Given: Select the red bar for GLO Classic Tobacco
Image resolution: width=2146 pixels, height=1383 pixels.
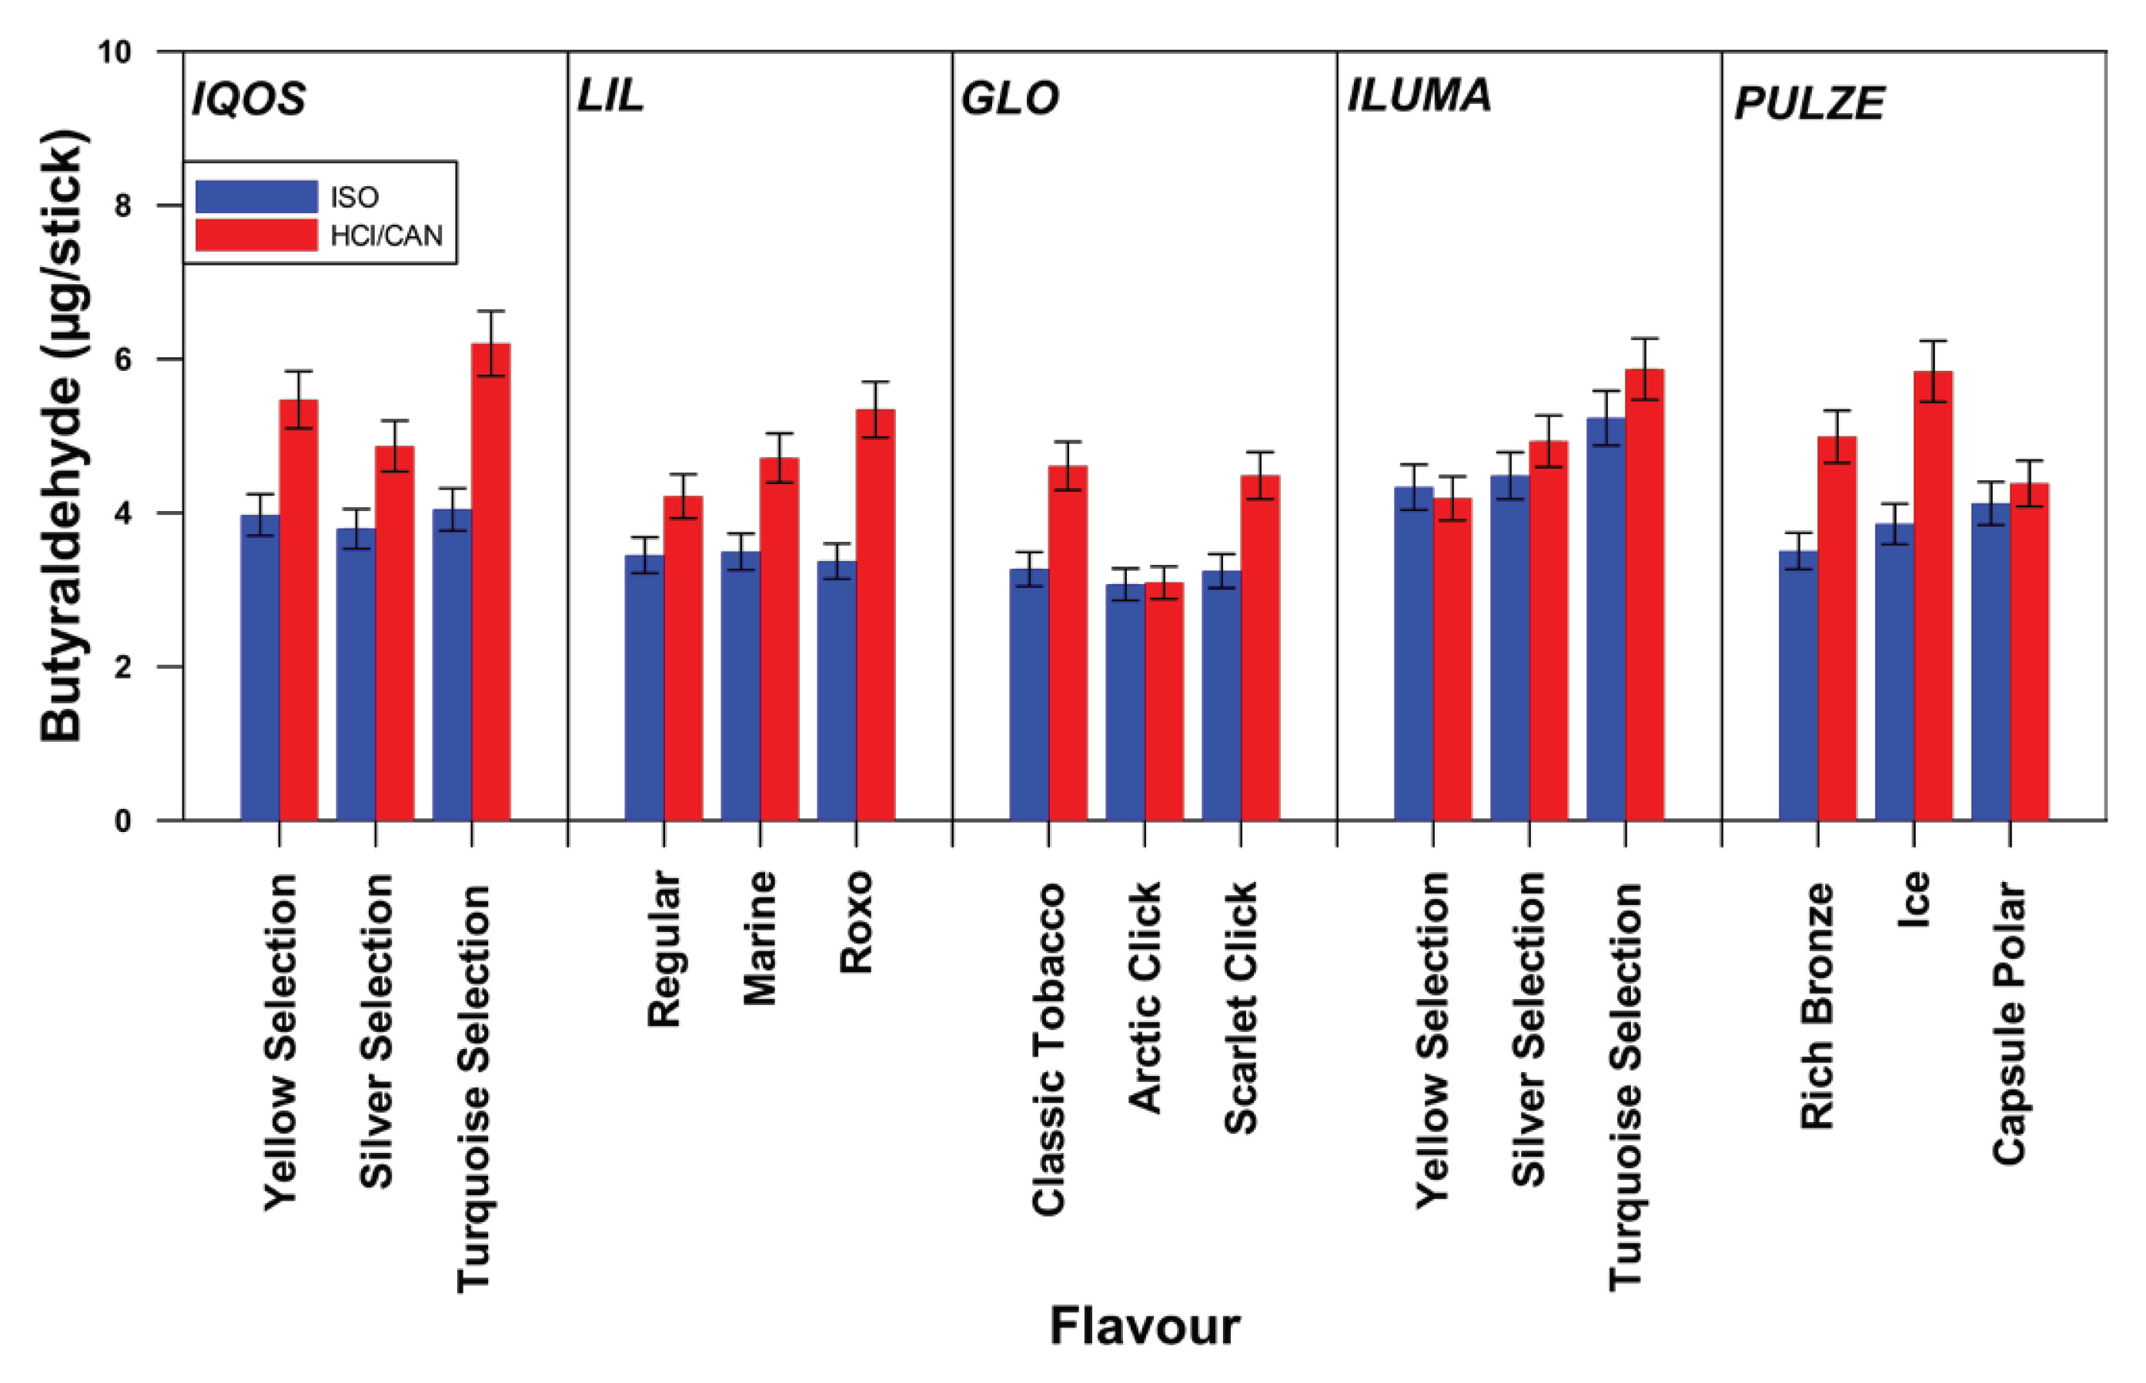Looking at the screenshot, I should (1068, 642).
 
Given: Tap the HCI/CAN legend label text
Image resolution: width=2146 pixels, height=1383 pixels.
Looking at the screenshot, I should (386, 236).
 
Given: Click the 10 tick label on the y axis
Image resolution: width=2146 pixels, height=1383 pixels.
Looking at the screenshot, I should (114, 52).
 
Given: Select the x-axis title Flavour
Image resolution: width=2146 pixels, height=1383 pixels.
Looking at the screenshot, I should (1144, 1326).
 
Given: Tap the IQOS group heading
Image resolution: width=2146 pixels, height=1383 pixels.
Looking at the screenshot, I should (249, 99).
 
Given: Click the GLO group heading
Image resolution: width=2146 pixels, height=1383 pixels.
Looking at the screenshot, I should (1009, 99).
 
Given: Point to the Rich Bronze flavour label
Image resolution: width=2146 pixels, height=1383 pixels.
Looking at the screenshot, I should (1817, 1006).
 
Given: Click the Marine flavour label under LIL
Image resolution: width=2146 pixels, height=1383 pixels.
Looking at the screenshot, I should (760, 937).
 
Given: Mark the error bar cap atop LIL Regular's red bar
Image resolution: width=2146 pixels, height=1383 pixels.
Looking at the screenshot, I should (683, 474).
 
